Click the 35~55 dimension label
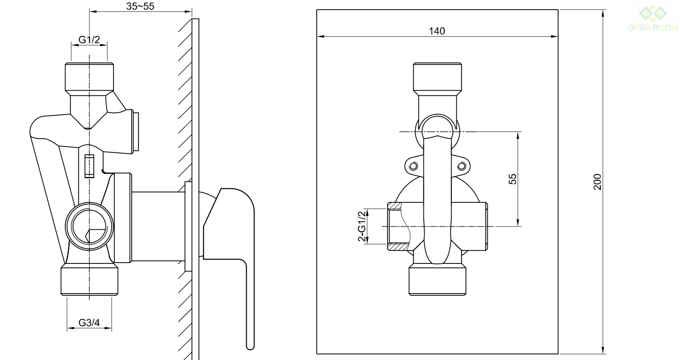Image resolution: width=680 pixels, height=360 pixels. [140, 6]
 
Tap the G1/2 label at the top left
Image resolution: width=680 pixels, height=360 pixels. [89, 40]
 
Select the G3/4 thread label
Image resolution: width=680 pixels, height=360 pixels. [89, 323]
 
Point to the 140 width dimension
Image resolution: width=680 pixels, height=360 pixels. [437, 31]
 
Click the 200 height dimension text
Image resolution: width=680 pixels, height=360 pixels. [597, 182]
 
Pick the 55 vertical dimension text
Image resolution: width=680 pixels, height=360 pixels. [512, 179]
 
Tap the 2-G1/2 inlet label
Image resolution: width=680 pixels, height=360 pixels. [362, 226]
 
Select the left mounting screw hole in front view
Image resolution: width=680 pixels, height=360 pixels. [413, 167]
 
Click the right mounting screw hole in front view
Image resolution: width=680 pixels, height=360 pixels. [462, 167]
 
